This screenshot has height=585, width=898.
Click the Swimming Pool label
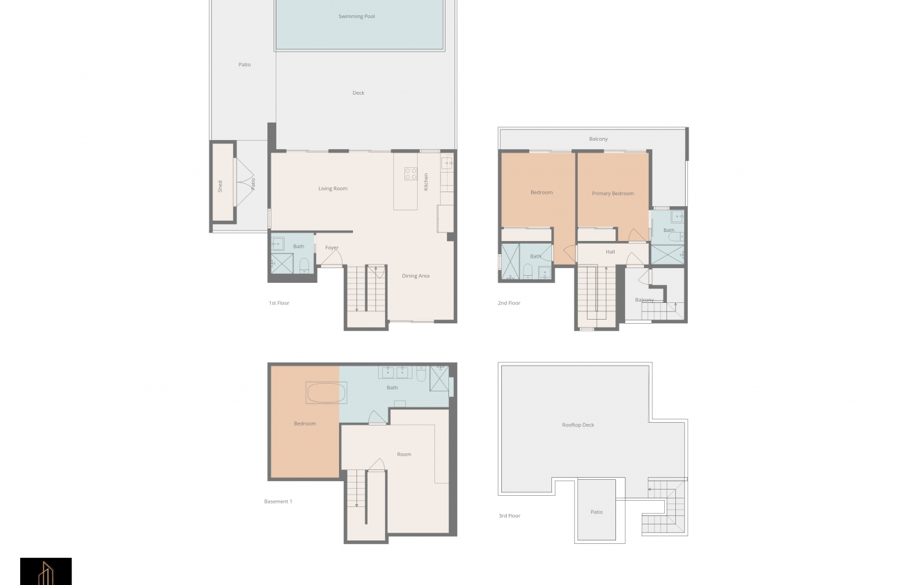pos(356,16)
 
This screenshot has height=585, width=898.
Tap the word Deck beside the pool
pos(359,93)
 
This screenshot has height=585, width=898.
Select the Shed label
pos(220,186)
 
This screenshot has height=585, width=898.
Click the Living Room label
pos(333,189)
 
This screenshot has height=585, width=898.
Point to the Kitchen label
pos(426,182)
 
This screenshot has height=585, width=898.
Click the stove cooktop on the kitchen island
pos(411,174)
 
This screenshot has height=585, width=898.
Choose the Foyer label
pos(331,248)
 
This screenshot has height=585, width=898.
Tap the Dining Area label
pos(416,276)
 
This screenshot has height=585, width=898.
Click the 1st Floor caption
pos(278,303)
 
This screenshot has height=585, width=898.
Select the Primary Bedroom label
pos(613,194)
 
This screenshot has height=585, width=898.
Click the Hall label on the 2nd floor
pos(610,252)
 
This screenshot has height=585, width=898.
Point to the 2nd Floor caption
pos(509,303)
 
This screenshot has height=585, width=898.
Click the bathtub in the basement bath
pos(326,393)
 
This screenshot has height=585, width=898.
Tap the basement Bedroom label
pos(305,423)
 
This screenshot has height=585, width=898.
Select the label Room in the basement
pos(404,454)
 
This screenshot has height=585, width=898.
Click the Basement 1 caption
pos(278,501)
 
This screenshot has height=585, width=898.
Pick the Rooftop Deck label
pos(578,425)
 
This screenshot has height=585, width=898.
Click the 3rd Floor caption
pos(509,516)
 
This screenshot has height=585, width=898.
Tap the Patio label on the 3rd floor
pos(597,512)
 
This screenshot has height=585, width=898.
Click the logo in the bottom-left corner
pos(46,571)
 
